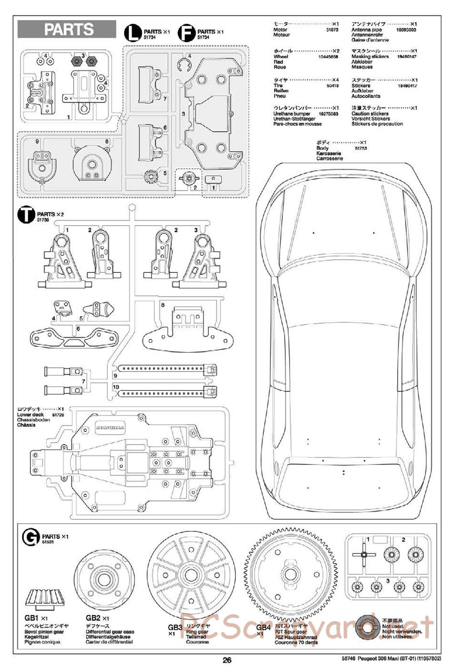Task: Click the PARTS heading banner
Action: pos(67,30)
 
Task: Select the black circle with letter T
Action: pos(25,215)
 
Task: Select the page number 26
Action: pos(227,661)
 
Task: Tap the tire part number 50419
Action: pos(332,85)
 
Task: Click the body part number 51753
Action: pos(360,148)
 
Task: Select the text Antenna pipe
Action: pos(366,30)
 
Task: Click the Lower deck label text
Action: pos(30,414)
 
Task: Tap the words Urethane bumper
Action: pos(292,113)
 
